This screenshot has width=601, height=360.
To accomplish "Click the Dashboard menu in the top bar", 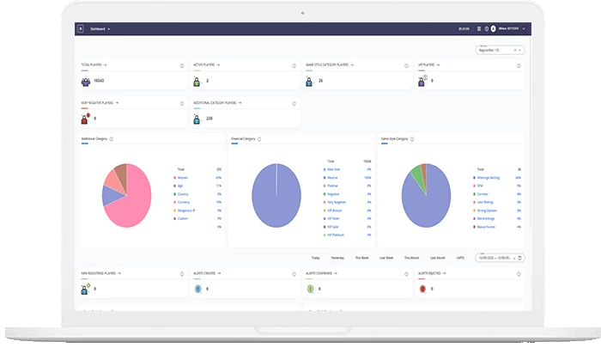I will click(100, 28).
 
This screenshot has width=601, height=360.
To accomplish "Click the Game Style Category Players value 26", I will click(320, 81).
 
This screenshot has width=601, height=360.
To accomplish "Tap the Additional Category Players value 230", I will click(209, 118).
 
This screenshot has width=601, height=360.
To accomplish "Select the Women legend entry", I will click(183, 178).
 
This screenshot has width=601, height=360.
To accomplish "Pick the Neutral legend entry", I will click(333, 177).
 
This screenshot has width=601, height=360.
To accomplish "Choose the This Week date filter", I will click(363, 257).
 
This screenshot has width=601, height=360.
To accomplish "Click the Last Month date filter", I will click(437, 257).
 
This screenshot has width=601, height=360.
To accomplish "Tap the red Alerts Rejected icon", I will click(423, 289).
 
